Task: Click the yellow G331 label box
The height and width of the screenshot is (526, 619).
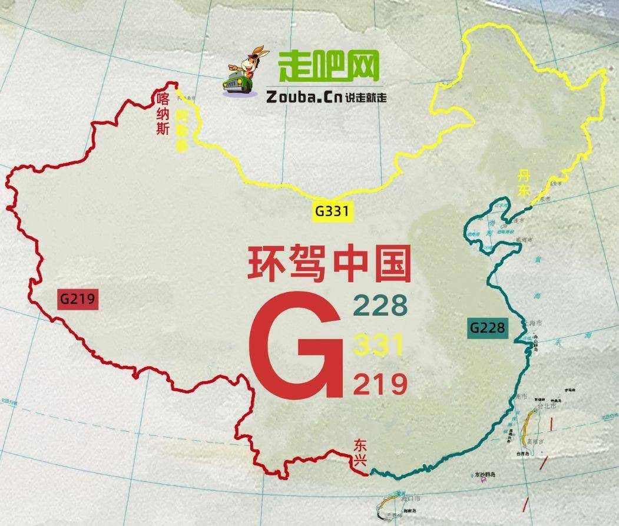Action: tap(332, 212)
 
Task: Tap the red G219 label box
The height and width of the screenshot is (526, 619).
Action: tap(77, 299)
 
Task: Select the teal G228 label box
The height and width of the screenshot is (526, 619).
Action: tap(488, 327)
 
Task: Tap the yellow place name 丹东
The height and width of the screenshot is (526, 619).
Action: tap(524, 182)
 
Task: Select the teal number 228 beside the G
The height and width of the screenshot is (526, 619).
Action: tap(380, 306)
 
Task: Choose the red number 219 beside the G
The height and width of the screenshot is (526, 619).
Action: tap(380, 384)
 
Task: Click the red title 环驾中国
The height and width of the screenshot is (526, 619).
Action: tap(329, 264)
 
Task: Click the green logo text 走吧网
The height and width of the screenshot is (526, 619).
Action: tap(328, 66)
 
